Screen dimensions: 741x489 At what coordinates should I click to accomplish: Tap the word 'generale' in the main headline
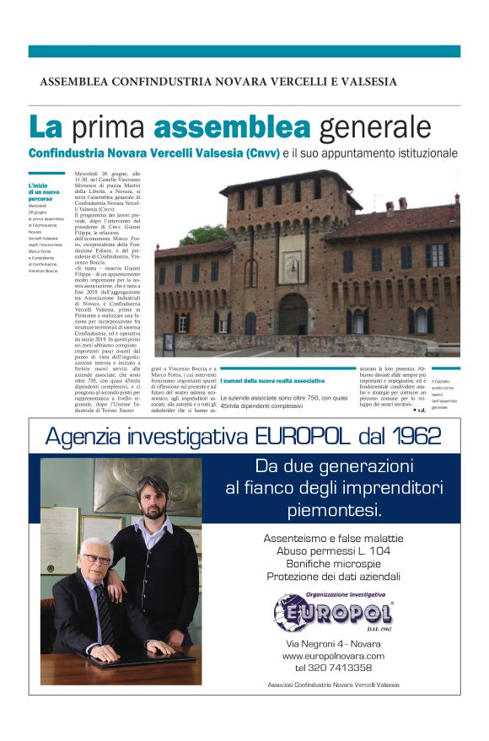373,128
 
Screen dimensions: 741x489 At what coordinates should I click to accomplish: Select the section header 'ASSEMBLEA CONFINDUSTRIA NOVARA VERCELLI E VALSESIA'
218,82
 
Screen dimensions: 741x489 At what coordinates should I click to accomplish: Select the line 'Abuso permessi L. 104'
333,550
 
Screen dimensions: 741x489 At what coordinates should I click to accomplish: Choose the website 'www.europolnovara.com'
333,656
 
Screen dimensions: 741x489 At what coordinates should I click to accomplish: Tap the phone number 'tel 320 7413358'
333,668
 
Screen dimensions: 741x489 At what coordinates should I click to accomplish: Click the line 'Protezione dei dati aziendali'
333,577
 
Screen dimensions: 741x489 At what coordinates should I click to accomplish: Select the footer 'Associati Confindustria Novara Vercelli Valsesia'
333,685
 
